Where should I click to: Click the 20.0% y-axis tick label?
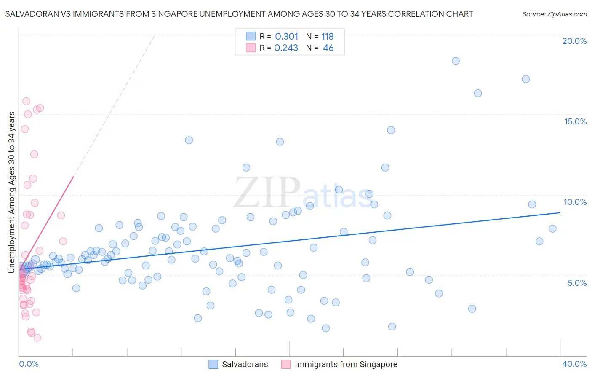574,41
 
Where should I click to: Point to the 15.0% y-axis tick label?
575,121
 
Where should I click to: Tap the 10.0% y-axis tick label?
575,202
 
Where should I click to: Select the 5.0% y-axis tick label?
577,283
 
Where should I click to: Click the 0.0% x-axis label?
29,364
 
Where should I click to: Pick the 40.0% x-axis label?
574,364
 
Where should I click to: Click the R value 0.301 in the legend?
286,36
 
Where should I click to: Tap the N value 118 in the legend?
327,36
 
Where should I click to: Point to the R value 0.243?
286,48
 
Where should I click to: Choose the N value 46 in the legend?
328,48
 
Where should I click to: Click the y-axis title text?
12,192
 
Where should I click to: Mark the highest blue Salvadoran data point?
456,61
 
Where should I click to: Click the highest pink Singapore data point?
26,101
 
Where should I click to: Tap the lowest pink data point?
37,338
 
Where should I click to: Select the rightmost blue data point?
552,228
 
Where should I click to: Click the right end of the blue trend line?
560,212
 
